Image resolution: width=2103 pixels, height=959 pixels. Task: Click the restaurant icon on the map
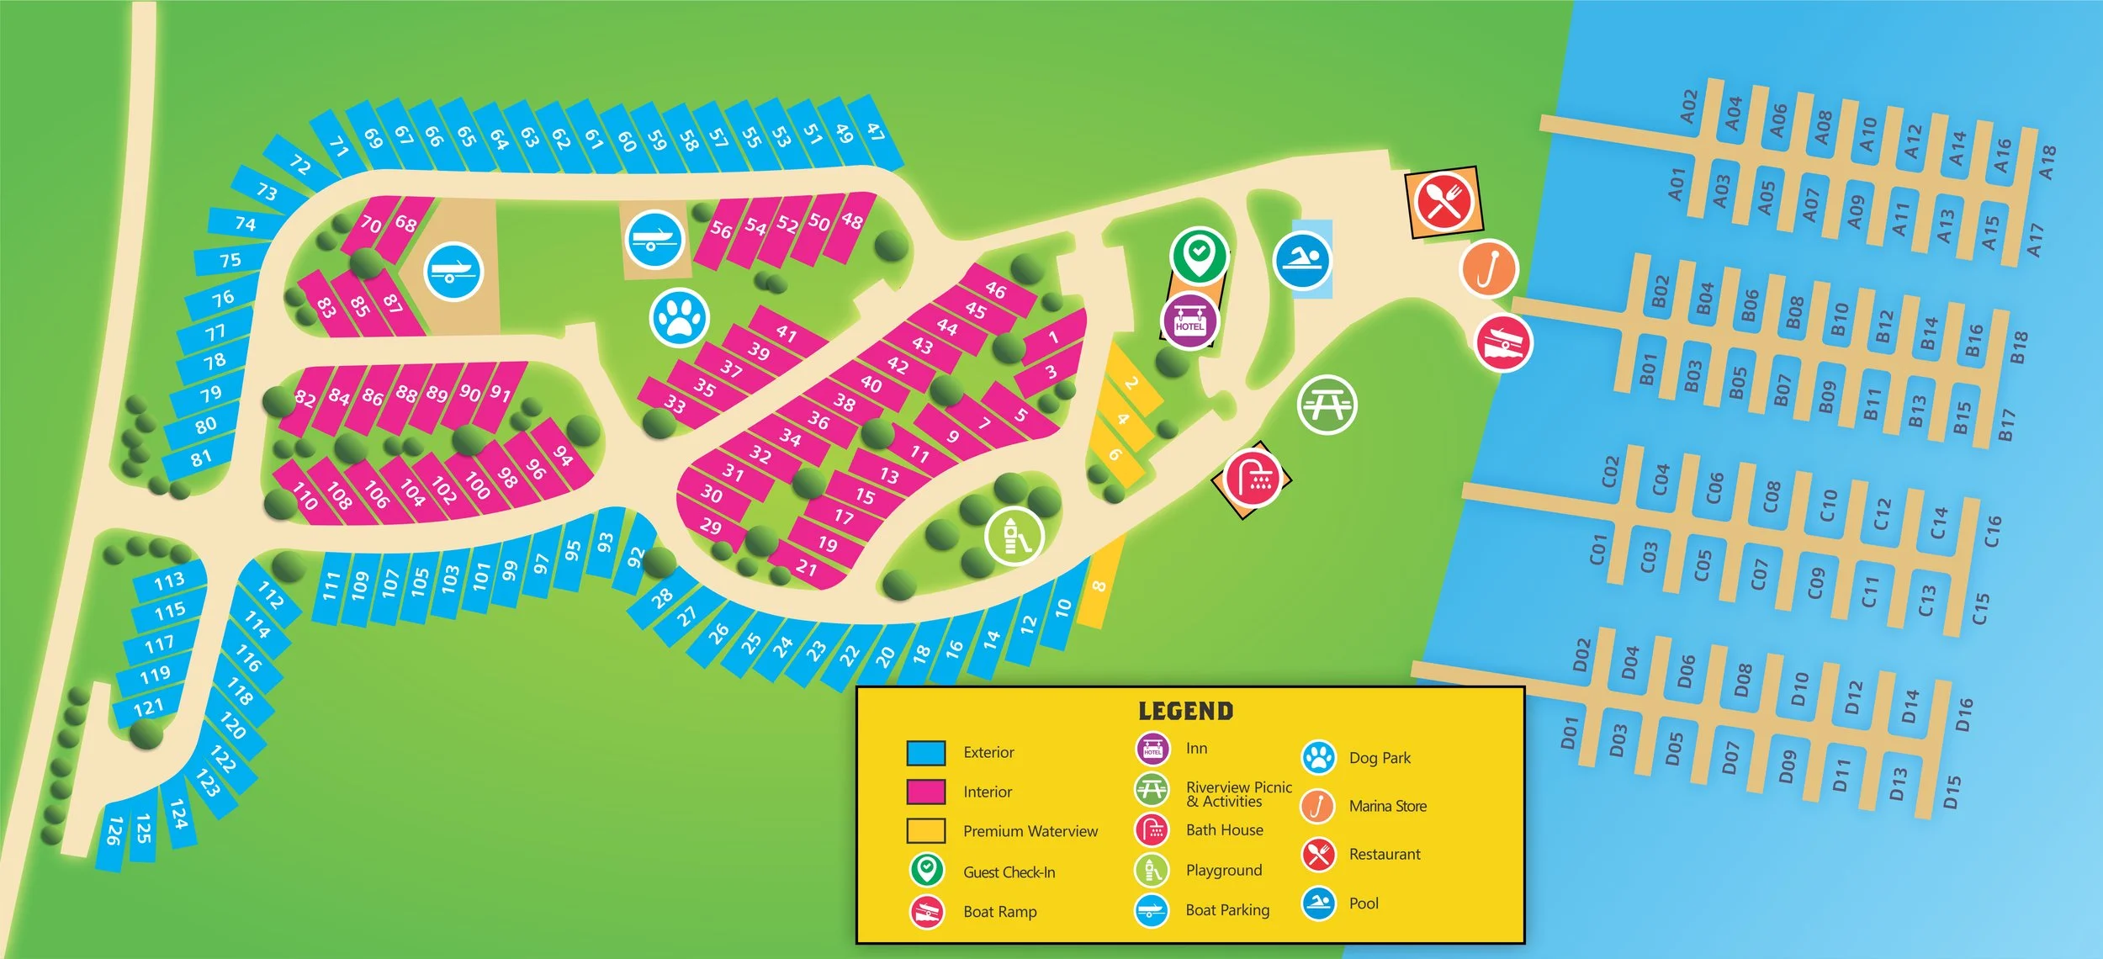(1443, 202)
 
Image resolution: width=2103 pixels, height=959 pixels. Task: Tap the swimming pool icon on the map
(1302, 261)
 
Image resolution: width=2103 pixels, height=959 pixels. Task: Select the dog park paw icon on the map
(679, 318)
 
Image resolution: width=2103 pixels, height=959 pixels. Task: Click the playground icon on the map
(1014, 536)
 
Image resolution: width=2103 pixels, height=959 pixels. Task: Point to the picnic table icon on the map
(1327, 405)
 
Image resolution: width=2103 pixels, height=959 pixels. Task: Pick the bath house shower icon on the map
(1253, 479)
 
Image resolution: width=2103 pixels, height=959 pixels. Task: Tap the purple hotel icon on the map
(1189, 321)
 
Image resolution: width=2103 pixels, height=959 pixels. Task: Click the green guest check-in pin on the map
(1199, 253)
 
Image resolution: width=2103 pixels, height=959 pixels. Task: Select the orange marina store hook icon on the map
(1488, 268)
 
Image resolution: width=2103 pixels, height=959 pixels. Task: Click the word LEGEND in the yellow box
(1185, 712)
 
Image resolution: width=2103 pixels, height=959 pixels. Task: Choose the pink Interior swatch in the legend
(925, 792)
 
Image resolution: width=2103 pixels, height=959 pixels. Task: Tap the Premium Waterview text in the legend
(1030, 831)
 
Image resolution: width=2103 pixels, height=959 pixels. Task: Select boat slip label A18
(2047, 162)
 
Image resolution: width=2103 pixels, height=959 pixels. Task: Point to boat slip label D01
(1568, 733)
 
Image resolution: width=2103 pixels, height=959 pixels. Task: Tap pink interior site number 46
(995, 290)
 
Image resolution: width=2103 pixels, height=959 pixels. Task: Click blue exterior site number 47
(876, 131)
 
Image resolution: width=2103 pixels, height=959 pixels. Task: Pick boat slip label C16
(1993, 532)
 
